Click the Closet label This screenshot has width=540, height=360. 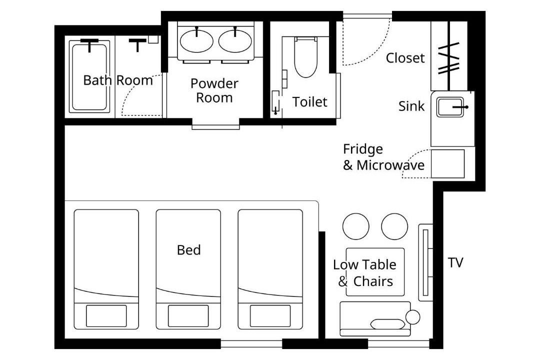point(405,58)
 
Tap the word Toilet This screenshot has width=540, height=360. point(309,102)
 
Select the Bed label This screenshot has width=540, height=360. point(188,250)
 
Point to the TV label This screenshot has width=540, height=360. point(455,262)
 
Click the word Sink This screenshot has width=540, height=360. point(411,106)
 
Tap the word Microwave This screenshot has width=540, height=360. point(390,165)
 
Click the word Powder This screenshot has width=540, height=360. point(214,83)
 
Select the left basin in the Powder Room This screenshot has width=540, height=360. point(196,41)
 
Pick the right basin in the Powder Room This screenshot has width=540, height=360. point(235,41)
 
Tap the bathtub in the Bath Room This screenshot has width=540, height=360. point(89,76)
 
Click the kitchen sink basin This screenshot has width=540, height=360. point(450,107)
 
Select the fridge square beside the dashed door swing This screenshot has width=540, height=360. point(447,164)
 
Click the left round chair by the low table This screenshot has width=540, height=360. point(356,226)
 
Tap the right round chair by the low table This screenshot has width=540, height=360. point(394,226)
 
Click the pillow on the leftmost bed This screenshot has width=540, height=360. point(106,315)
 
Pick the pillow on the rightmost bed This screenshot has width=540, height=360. point(270,315)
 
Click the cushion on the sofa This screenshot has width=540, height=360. point(387,324)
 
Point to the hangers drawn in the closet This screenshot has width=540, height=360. point(448,58)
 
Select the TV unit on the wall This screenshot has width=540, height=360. point(425,262)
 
